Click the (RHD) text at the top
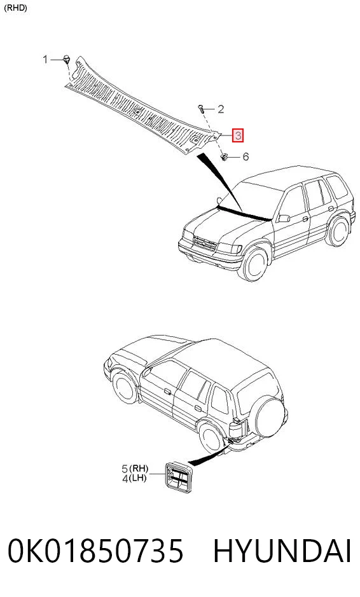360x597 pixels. coord(15,8)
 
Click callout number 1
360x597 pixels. coord(45,59)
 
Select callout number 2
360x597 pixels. coord(221,109)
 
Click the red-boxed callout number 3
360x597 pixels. coord(238,135)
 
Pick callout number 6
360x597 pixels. coord(246,156)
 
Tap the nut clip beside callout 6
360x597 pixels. coord(225,156)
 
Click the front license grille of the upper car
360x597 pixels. coord(205,242)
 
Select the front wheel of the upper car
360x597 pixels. coord(255,263)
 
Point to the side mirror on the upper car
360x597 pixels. coord(284,218)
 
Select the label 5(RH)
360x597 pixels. coord(135,469)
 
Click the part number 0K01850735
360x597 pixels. coord(95,551)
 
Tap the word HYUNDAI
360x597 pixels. coord(282,551)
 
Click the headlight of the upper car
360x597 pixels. coord(230,248)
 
